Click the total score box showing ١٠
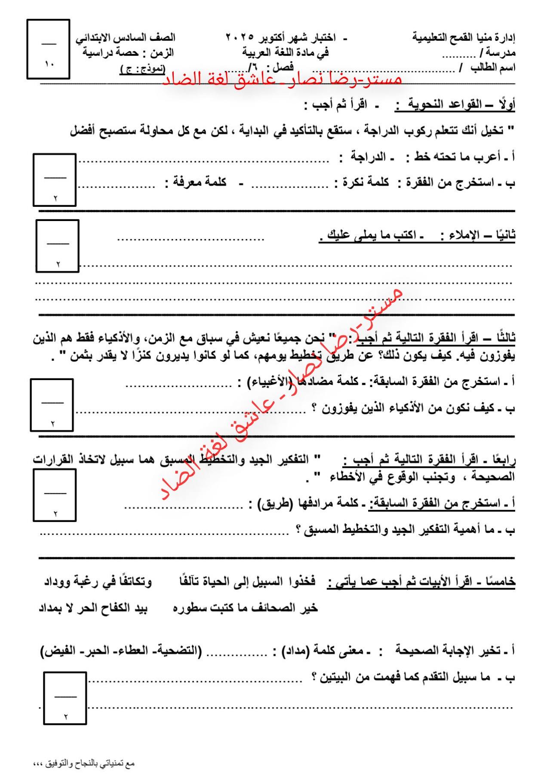(48, 49)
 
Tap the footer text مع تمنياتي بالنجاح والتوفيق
(84, 763)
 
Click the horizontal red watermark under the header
(282, 80)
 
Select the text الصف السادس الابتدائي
(126, 38)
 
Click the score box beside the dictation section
(58, 246)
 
